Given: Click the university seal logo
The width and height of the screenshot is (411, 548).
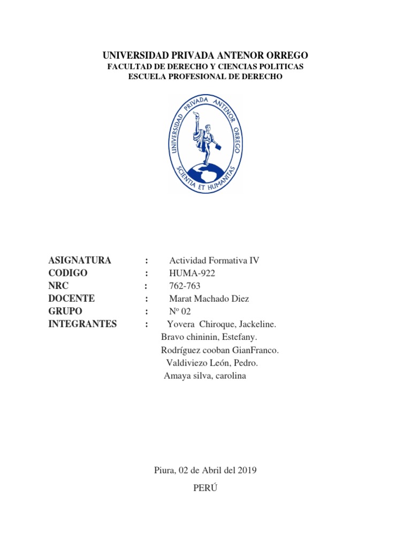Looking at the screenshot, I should pyautogui.click(x=205, y=143).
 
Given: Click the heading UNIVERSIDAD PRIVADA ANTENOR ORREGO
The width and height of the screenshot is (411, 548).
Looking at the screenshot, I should pyautogui.click(x=205, y=56).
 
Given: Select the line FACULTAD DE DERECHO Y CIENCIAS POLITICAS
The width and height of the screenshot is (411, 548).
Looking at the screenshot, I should pyautogui.click(x=205, y=66).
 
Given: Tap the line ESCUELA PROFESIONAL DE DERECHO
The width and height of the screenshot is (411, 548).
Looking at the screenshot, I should pyautogui.click(x=205, y=77).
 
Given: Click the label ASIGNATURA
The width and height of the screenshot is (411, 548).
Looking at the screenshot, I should pyautogui.click(x=80, y=261).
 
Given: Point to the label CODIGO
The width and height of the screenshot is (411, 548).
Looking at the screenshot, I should pyautogui.click(x=67, y=273).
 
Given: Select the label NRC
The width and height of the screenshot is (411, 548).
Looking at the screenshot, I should pyautogui.click(x=59, y=286).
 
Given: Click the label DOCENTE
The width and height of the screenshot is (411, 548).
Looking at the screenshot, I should pyautogui.click(x=72, y=299).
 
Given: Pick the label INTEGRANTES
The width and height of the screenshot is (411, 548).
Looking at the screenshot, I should pyautogui.click(x=82, y=324).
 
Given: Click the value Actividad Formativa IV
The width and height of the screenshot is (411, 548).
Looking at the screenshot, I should pyautogui.click(x=214, y=261).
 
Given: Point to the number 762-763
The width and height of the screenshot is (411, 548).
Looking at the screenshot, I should pyautogui.click(x=185, y=286).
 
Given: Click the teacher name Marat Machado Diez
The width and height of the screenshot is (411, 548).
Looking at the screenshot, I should pyautogui.click(x=209, y=299).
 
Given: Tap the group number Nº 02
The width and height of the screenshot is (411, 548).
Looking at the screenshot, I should pyautogui.click(x=180, y=311).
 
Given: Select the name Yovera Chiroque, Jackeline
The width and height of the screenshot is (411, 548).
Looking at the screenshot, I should pyautogui.click(x=222, y=324).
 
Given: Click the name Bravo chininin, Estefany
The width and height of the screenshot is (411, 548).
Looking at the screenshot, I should pyautogui.click(x=209, y=337).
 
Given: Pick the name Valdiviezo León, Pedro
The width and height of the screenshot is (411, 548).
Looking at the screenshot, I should pyautogui.click(x=212, y=363).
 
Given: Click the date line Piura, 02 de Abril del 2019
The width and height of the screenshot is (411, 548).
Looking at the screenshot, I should pyautogui.click(x=205, y=470).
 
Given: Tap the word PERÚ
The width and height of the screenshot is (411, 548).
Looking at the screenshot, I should pyautogui.click(x=205, y=488).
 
